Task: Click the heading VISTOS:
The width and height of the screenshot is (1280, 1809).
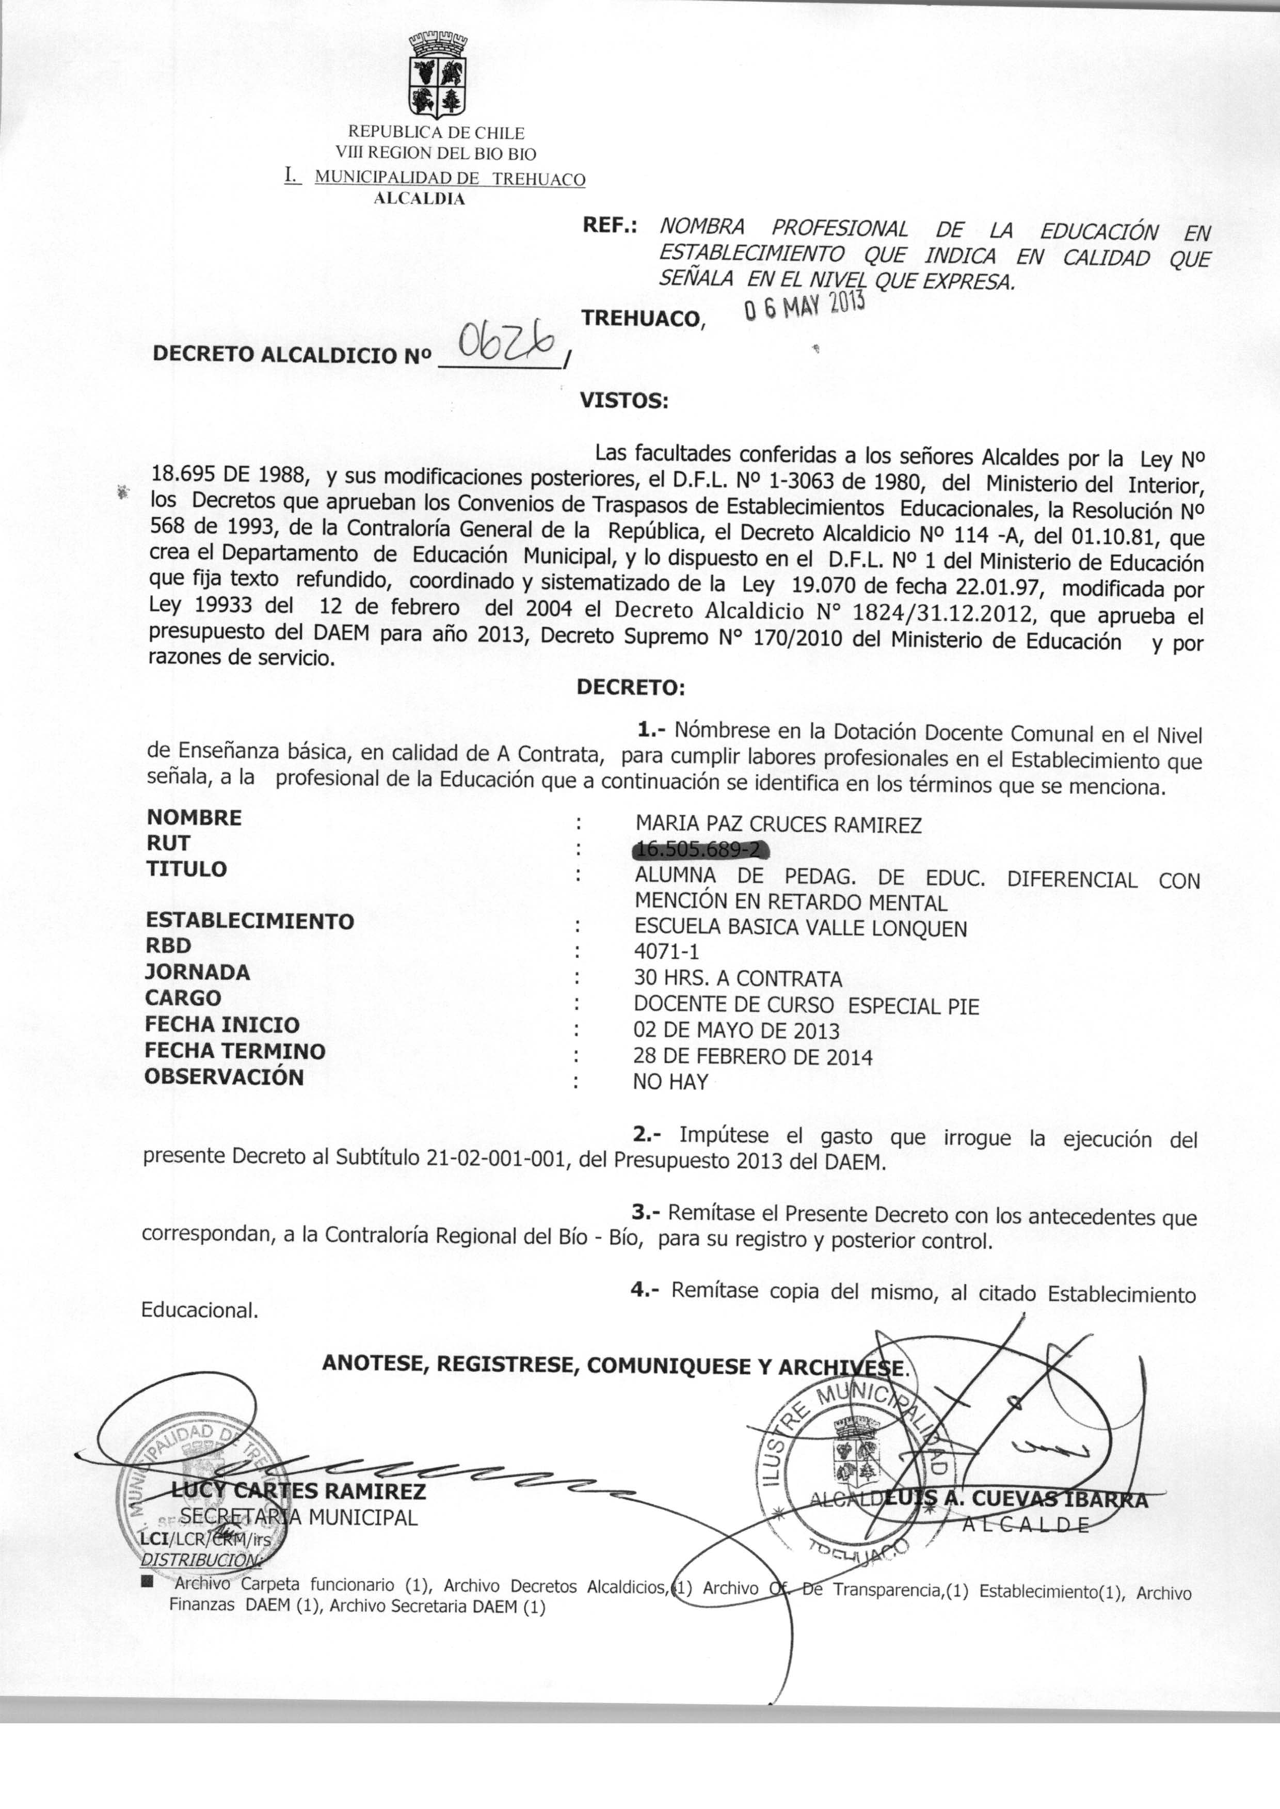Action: click(x=623, y=401)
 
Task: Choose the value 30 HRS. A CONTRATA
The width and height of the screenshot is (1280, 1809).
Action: click(x=738, y=979)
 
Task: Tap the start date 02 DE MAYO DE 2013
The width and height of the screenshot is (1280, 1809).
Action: click(x=736, y=1030)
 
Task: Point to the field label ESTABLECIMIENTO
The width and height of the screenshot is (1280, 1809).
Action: click(x=250, y=921)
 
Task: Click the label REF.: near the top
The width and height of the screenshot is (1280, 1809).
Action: click(x=609, y=226)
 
